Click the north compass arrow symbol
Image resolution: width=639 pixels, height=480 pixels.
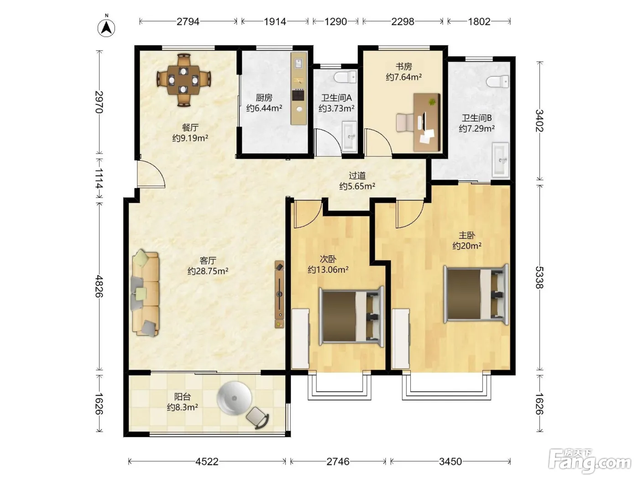(106, 28)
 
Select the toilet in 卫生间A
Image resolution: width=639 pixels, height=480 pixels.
(346, 77)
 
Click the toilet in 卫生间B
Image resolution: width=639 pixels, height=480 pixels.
(498, 82)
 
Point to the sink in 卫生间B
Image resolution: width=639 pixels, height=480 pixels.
(500, 160)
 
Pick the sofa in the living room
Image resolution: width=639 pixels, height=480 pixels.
(146, 293)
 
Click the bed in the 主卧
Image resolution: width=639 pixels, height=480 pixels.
(476, 294)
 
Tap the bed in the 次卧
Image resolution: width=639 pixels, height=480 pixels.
(351, 317)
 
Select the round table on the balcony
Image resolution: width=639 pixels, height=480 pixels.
(234, 398)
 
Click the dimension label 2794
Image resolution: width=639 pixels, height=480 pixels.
(188, 21)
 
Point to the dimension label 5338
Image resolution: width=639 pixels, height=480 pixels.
(539, 277)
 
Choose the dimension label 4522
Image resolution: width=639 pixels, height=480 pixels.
(207, 462)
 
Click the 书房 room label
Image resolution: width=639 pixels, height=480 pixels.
(404, 67)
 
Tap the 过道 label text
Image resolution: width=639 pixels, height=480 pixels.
(357, 176)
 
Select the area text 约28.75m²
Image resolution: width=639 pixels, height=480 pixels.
(208, 271)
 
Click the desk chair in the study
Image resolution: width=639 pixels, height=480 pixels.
(405, 123)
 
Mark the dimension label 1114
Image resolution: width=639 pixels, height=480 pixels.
(99, 178)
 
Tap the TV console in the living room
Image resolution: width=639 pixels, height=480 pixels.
(279, 294)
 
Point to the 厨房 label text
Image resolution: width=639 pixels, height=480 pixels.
(264, 98)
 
